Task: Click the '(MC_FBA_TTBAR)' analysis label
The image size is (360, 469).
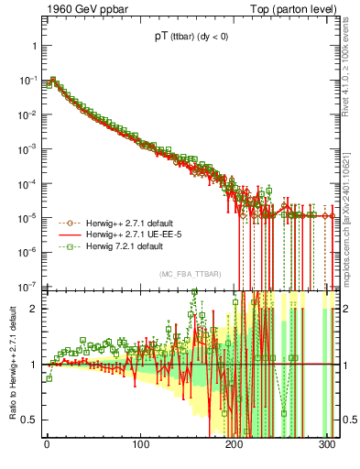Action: pos(189,275)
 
